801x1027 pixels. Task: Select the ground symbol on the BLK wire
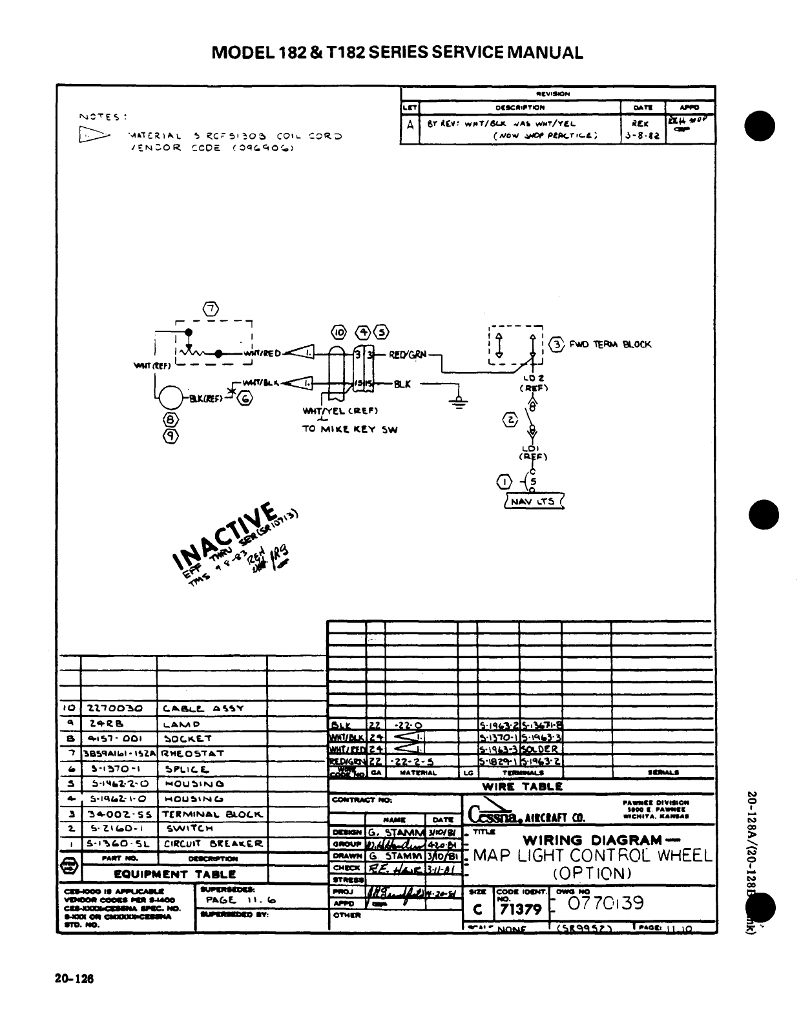(x=459, y=402)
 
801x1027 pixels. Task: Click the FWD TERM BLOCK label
(x=610, y=344)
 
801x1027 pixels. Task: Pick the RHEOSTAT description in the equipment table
(x=192, y=753)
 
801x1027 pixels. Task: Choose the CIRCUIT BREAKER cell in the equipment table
(x=213, y=844)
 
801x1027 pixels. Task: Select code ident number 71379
(x=520, y=909)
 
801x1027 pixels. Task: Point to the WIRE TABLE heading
(x=523, y=787)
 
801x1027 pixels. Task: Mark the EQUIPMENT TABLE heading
(x=174, y=874)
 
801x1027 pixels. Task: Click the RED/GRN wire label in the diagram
(x=408, y=354)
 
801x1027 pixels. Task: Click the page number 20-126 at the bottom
(x=74, y=979)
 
